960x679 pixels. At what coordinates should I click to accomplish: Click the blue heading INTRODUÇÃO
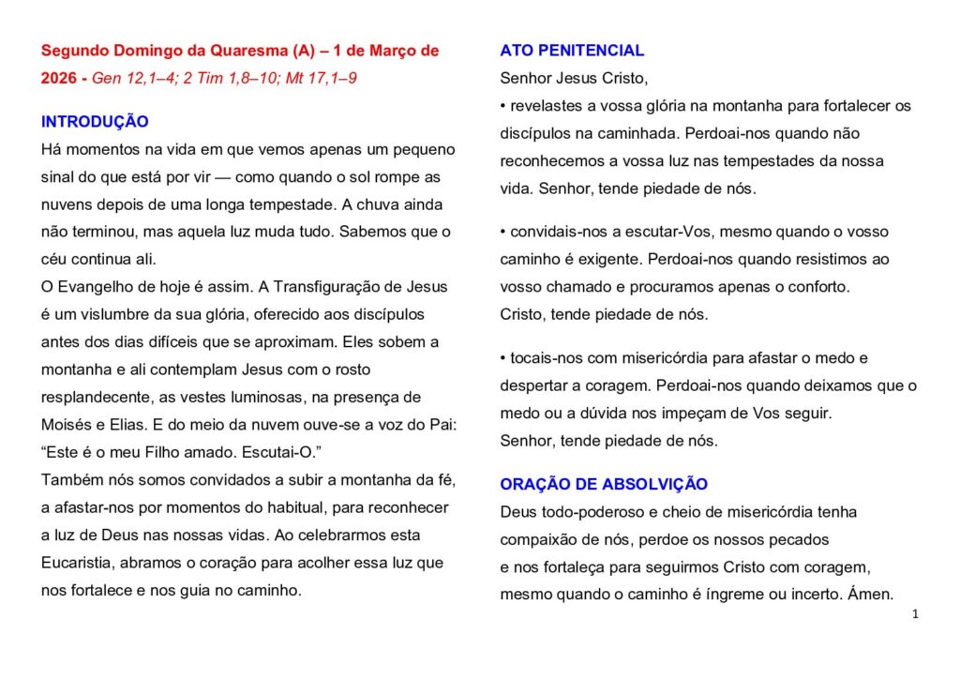(95, 122)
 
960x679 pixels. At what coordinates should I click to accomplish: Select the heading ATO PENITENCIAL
(572, 51)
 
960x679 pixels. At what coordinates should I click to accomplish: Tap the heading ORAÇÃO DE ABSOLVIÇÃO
(604, 485)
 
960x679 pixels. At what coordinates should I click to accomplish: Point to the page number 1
(915, 614)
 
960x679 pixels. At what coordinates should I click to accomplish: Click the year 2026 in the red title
(59, 78)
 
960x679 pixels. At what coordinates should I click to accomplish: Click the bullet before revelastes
(503, 106)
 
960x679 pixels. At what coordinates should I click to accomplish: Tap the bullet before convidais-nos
(503, 232)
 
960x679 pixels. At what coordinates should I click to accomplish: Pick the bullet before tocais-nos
(503, 358)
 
